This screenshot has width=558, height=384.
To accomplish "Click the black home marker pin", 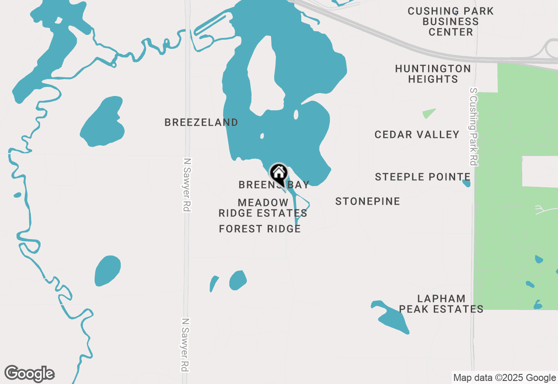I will click(279, 174).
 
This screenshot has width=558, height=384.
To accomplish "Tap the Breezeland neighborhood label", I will click(201, 123).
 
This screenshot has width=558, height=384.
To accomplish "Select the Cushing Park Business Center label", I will click(450, 21).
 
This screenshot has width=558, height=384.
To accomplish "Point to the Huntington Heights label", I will click(433, 74).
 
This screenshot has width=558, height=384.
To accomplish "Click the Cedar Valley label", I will click(417, 135).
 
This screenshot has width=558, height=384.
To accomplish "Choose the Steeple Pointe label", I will click(422, 177).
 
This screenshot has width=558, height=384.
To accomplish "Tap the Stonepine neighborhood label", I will click(367, 201).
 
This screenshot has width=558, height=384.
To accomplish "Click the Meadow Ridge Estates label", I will click(262, 208).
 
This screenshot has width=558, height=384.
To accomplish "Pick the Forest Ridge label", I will click(260, 229).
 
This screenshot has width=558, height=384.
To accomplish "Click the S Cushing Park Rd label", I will click(473, 127).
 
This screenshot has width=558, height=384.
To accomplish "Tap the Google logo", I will click(29, 374).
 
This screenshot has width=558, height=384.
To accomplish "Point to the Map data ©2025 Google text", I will click(504, 378).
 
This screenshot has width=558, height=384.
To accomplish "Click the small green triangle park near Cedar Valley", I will click(429, 113).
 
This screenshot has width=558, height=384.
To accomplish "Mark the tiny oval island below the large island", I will click(296, 115).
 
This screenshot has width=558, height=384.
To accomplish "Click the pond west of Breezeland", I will click(103, 122).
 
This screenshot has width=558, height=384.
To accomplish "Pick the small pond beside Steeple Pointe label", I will click(466, 183).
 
